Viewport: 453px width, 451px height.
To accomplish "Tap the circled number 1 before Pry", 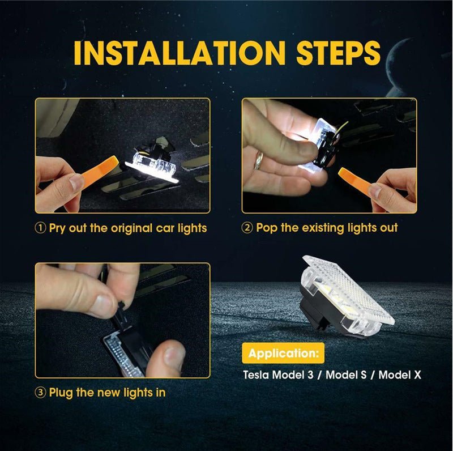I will (x=41, y=228).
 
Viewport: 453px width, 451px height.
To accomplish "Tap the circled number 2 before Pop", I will (x=247, y=228).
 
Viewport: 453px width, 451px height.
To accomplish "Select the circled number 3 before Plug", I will (x=41, y=392).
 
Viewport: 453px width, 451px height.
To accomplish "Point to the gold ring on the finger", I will (x=259, y=161).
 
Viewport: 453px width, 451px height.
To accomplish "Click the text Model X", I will (x=400, y=375).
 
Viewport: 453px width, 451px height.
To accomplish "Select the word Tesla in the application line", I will (x=256, y=375).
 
